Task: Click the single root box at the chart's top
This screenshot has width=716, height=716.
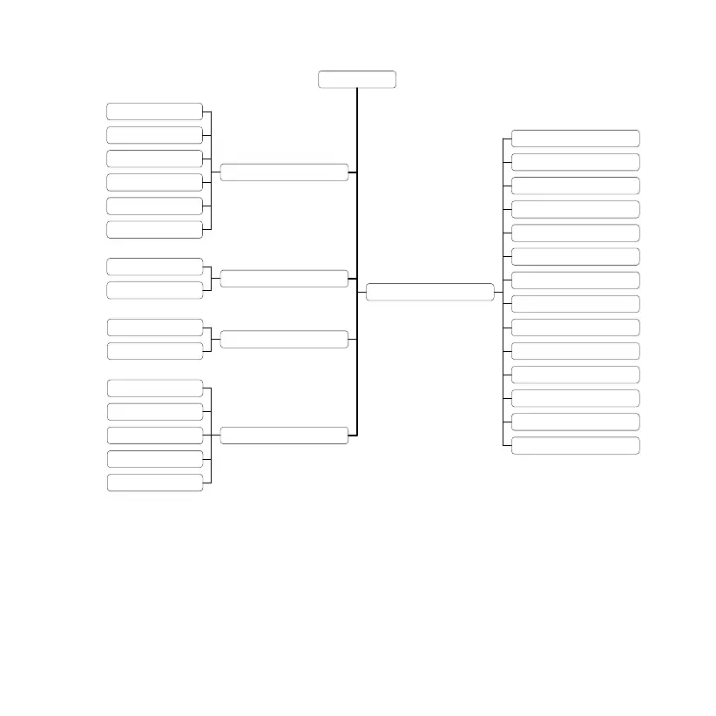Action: point(357,80)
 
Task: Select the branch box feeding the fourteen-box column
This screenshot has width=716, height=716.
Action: point(429,292)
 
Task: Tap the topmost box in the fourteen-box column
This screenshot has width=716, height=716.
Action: point(575,138)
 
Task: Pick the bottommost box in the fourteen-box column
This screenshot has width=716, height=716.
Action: point(575,446)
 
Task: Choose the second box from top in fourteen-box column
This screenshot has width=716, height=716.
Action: point(575,162)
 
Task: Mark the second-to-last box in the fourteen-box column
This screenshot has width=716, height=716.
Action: point(575,422)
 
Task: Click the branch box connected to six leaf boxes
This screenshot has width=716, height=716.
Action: point(284,172)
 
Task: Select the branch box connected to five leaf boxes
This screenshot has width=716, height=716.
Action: point(284,436)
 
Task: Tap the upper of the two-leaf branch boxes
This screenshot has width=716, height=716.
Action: point(284,279)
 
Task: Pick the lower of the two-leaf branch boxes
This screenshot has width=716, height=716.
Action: point(284,339)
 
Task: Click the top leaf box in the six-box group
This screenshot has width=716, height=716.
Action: point(155,111)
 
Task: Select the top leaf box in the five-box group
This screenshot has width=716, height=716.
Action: point(155,388)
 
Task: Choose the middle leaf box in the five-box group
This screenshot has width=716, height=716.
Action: point(155,436)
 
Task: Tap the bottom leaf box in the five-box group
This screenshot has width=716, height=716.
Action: point(155,483)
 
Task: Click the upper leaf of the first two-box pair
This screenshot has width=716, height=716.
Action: point(155,267)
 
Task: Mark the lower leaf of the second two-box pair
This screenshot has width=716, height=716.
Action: point(155,351)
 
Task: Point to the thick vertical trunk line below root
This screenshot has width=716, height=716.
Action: point(357,218)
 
